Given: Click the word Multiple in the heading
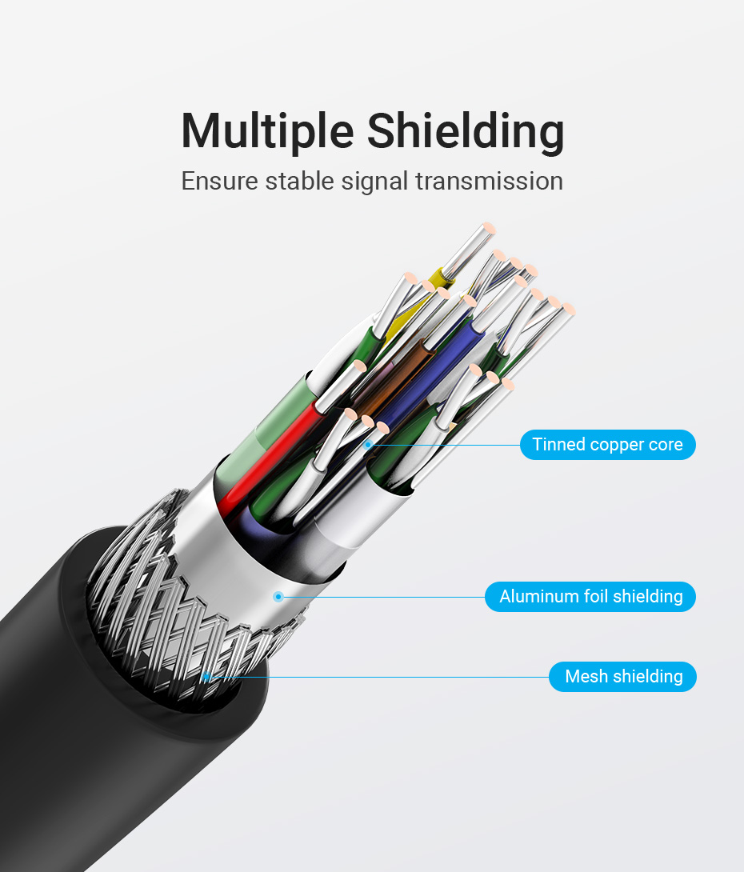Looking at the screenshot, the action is coord(267,131).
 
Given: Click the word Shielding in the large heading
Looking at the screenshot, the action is coord(466,131).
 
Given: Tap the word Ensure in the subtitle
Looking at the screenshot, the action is coord(220,182).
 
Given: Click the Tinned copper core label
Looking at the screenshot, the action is coord(608,445).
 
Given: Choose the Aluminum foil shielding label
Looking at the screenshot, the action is coord(590,597).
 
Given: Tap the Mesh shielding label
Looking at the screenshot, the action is coord(622,677).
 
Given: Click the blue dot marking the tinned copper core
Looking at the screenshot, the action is coord(367,445).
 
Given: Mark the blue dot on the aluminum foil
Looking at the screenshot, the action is coord(278,597).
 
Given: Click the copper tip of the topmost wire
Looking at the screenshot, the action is coord(488,229).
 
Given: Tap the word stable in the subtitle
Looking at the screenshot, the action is coord(299,182).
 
